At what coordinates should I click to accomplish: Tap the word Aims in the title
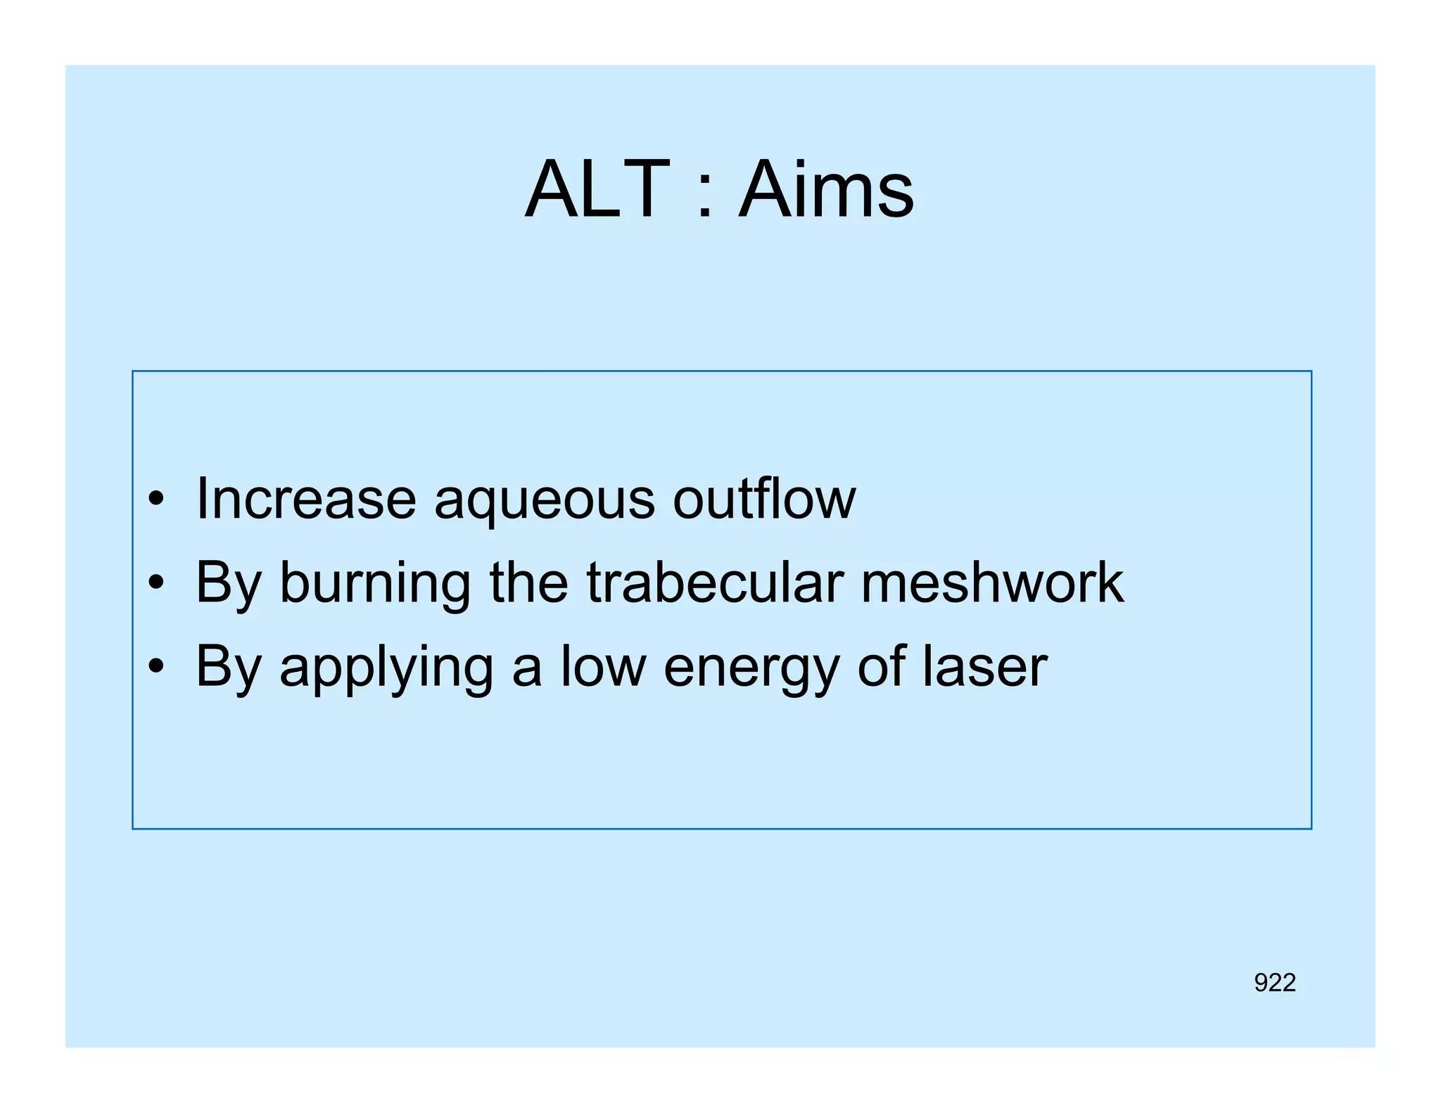(x=826, y=190)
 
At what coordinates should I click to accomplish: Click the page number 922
(x=1274, y=982)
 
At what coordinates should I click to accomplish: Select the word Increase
(x=306, y=499)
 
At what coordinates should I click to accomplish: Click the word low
(x=603, y=666)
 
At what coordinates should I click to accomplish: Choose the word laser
(x=985, y=666)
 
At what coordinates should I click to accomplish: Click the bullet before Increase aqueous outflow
(x=156, y=500)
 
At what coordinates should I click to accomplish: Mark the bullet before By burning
(x=156, y=583)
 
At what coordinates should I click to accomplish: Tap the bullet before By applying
(x=156, y=666)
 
